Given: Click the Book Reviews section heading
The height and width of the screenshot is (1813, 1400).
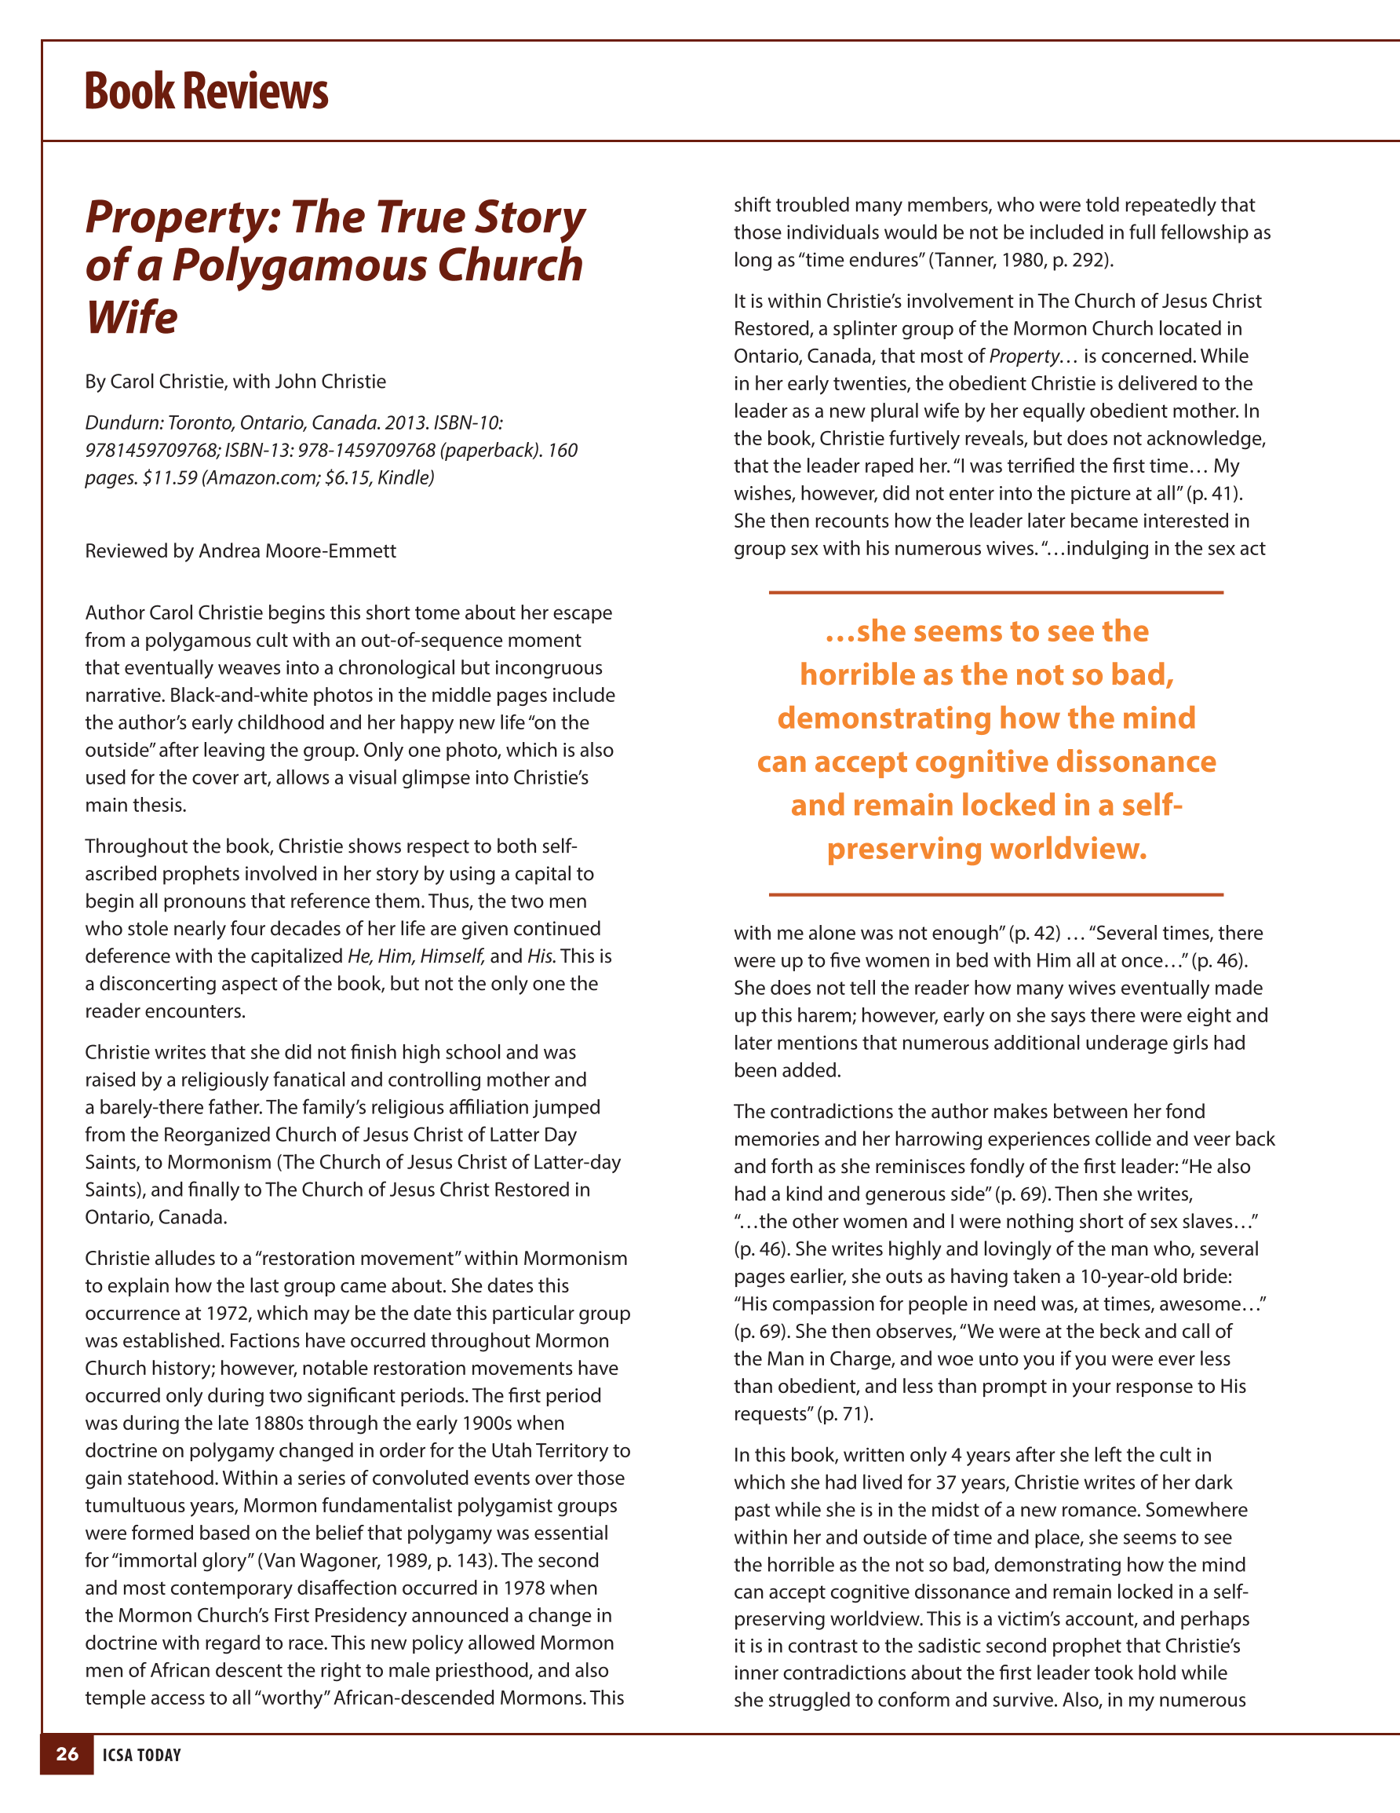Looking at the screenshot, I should point(206,91).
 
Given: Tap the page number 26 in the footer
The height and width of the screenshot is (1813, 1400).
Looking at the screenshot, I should point(67,1753).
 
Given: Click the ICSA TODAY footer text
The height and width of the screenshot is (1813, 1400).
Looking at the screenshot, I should point(142,1755).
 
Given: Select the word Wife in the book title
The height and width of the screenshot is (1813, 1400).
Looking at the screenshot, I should point(131,317).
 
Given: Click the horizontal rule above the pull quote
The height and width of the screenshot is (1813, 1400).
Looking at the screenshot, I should point(996,593).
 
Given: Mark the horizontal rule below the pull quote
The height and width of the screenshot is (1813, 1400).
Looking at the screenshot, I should point(996,895).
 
